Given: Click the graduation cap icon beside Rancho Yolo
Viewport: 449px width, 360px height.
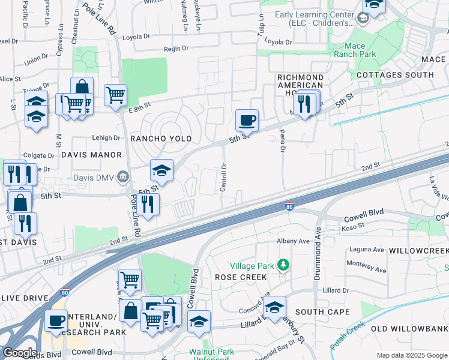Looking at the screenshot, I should coord(161,170).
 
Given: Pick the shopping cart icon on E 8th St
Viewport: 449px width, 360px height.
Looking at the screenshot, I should coord(115,94).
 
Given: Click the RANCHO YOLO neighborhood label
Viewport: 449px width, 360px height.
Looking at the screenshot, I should coord(161,139).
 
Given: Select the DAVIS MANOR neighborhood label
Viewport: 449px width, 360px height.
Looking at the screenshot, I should coord(91,155).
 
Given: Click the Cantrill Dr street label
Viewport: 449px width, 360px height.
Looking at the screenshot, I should coord(223,178).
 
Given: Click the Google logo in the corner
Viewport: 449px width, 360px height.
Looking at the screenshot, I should coord(19,352).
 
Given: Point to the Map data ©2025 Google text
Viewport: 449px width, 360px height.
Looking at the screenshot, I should coord(411,355).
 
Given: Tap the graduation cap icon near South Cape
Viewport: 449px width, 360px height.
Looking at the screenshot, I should coord(275,307).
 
